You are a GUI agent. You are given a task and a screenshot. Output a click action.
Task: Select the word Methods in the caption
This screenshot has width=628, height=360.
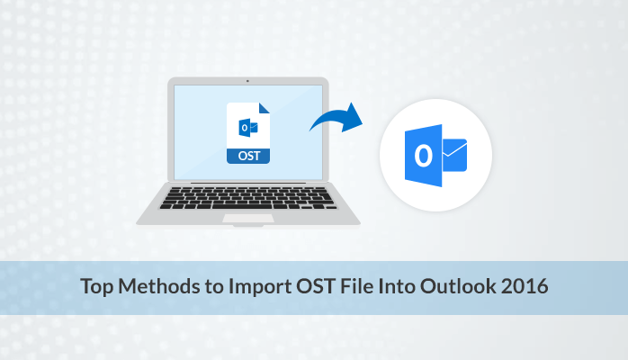155,288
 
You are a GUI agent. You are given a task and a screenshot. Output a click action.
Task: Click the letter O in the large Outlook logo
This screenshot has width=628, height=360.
422,156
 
